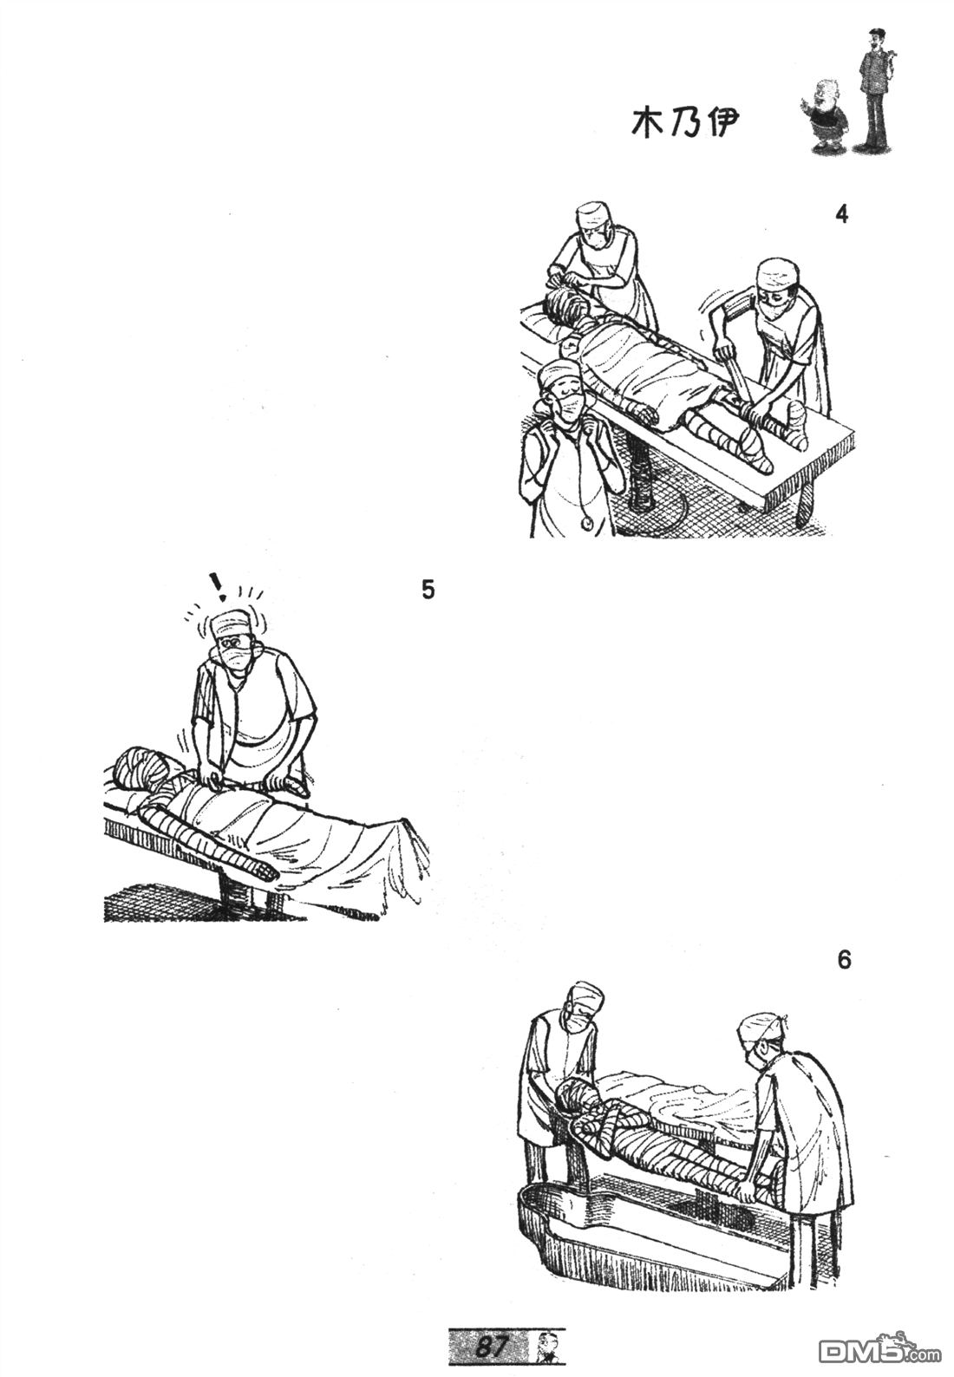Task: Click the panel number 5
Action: (x=428, y=590)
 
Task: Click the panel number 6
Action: (x=845, y=960)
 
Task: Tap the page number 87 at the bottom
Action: (x=489, y=1346)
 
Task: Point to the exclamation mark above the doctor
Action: (x=217, y=586)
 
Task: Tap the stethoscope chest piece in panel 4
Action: (x=588, y=506)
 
